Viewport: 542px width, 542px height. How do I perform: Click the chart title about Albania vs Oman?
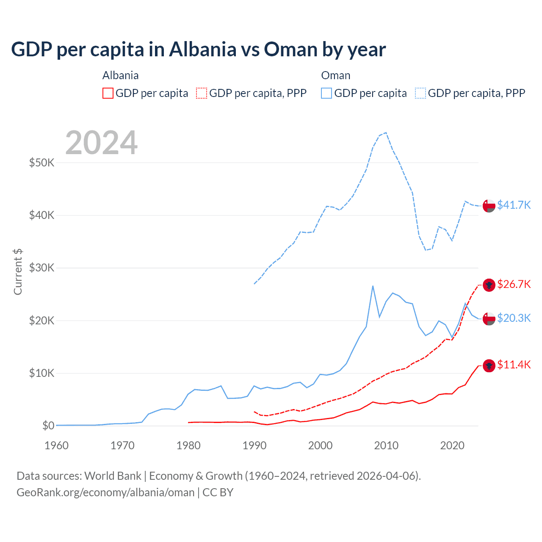click(x=198, y=50)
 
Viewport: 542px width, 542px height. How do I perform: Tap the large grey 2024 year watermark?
click(x=101, y=143)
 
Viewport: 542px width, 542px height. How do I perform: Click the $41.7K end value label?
click(x=514, y=205)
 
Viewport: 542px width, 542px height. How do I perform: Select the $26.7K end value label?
click(x=514, y=284)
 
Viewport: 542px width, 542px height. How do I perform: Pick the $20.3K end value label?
click(x=514, y=318)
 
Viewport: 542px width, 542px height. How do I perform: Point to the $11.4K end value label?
click(x=514, y=365)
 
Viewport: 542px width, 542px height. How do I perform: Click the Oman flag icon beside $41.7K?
click(x=489, y=205)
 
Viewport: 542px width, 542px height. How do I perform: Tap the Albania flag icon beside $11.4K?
click(x=489, y=365)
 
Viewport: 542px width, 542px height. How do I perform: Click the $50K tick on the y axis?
click(x=41, y=163)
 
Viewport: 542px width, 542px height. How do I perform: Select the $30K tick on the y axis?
click(x=41, y=268)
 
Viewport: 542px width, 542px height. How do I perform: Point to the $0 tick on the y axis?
click(x=48, y=426)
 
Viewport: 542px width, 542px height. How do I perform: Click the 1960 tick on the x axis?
click(x=56, y=445)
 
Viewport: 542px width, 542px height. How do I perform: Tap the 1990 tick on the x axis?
click(x=254, y=445)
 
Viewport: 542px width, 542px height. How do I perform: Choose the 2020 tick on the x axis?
click(x=452, y=445)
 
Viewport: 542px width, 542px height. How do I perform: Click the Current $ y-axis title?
click(x=18, y=272)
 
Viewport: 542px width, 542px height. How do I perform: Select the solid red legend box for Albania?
click(x=108, y=93)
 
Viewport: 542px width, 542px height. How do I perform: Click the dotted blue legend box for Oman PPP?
click(x=420, y=93)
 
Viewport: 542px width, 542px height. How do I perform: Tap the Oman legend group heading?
click(x=336, y=75)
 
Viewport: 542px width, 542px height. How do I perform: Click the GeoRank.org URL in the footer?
click(x=105, y=492)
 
